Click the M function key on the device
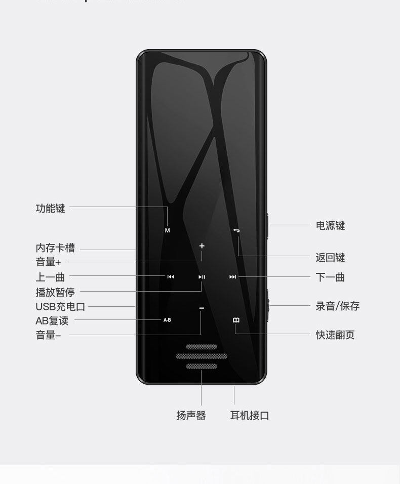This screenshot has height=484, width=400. tap(168, 230)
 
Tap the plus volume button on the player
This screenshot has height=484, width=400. tap(202, 246)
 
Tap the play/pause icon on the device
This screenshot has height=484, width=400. tap(202, 277)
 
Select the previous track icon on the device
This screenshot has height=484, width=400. tap(171, 277)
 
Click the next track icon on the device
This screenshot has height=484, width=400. tap(233, 277)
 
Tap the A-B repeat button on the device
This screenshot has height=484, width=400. tap(167, 320)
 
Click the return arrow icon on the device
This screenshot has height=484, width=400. tap(236, 231)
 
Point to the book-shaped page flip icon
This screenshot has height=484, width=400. tap(236, 320)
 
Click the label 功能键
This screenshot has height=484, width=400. tap(50, 208)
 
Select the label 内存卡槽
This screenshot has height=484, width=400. tap(55, 248)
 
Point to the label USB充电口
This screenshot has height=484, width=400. tap(60, 307)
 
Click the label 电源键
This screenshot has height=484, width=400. tap(330, 226)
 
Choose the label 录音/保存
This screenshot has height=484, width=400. tap(337, 306)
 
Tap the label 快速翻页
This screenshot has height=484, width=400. tap(335, 335)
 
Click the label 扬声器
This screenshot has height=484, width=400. tap(191, 416)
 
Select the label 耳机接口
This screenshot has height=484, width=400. tap(249, 416)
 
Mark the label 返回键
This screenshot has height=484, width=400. tap(330, 258)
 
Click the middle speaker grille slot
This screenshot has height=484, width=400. tap(202, 356)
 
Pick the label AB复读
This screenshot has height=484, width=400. tap(52, 321)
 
